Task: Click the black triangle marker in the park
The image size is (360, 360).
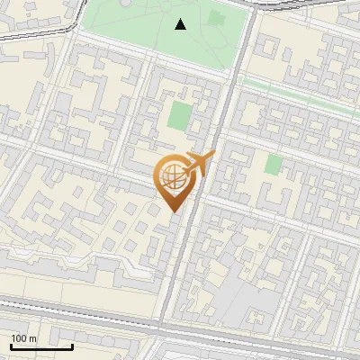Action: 181,24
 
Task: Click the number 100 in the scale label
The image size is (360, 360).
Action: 20,338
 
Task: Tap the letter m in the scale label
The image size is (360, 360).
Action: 33,338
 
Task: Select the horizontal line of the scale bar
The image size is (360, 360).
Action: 40,346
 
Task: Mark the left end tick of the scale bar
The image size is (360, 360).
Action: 10,344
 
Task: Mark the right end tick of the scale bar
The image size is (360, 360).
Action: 72,344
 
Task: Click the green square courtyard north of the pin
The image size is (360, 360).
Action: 181,115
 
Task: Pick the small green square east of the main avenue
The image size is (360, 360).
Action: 274,164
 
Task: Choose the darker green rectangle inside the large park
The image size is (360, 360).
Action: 216,18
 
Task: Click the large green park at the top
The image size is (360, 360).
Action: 135,27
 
